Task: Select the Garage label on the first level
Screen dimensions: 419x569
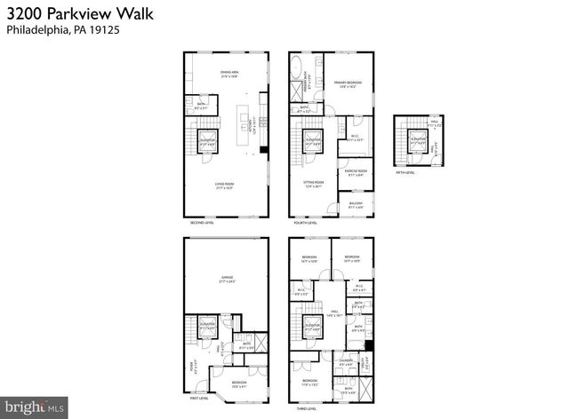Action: pyautogui.click(x=228, y=281)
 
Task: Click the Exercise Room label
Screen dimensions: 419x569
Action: pyautogui.click(x=356, y=173)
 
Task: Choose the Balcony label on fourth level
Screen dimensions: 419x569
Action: pyautogui.click(x=356, y=205)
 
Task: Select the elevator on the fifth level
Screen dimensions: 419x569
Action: pyautogui.click(x=415, y=140)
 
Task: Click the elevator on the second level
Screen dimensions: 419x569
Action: pyautogui.click(x=206, y=141)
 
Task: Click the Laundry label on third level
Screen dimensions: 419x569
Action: pyautogui.click(x=346, y=361)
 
